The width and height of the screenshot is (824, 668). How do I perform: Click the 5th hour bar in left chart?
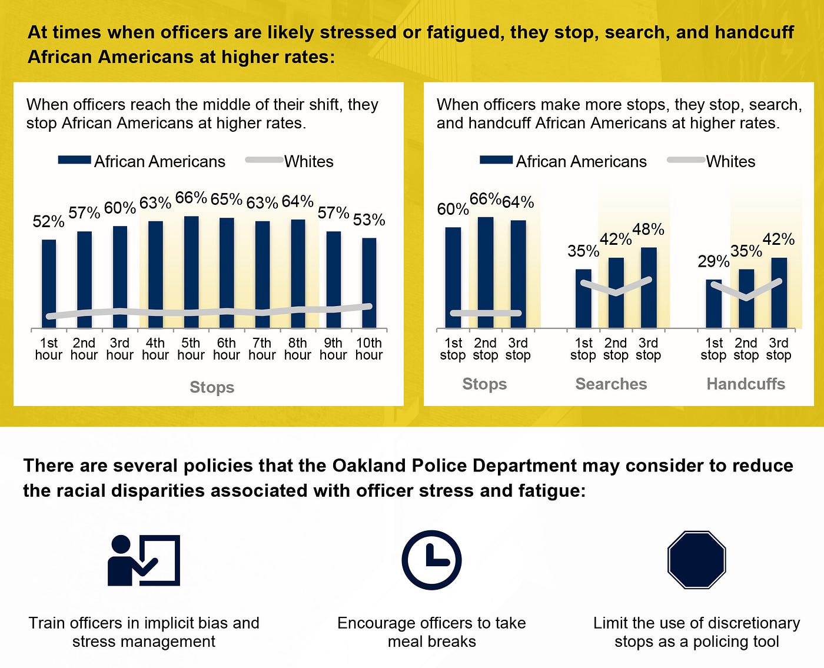pyautogui.click(x=191, y=272)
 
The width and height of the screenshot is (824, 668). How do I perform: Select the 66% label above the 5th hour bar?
pyautogui.click(x=191, y=198)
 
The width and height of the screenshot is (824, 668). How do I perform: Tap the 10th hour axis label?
pyautogui.click(x=369, y=349)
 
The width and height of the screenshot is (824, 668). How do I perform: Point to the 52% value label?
pyautogui.click(x=48, y=222)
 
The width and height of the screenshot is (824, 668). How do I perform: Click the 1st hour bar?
pyautogui.click(x=49, y=284)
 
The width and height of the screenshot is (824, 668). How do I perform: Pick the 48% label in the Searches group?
pyautogui.click(x=648, y=230)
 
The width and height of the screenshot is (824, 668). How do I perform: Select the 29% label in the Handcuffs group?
pyautogui.click(x=713, y=261)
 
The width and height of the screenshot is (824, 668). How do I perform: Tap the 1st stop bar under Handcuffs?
pyautogui.click(x=713, y=304)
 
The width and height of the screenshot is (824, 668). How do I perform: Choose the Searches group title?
pyautogui.click(x=611, y=384)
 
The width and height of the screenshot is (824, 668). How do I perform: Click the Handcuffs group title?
pyautogui.click(x=746, y=384)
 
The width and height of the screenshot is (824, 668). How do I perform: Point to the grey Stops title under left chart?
pyautogui.click(x=212, y=387)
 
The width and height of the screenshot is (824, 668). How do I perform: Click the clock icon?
pyautogui.click(x=431, y=560)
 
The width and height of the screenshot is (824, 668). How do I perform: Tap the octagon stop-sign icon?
pyautogui.click(x=697, y=560)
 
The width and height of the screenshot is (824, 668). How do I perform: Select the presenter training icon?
pyautogui.click(x=144, y=560)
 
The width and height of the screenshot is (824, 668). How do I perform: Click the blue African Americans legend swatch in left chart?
pyautogui.click(x=74, y=160)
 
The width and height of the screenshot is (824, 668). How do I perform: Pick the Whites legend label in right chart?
pyautogui.click(x=730, y=162)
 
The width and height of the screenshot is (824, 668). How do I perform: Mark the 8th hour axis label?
pyautogui.click(x=298, y=349)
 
